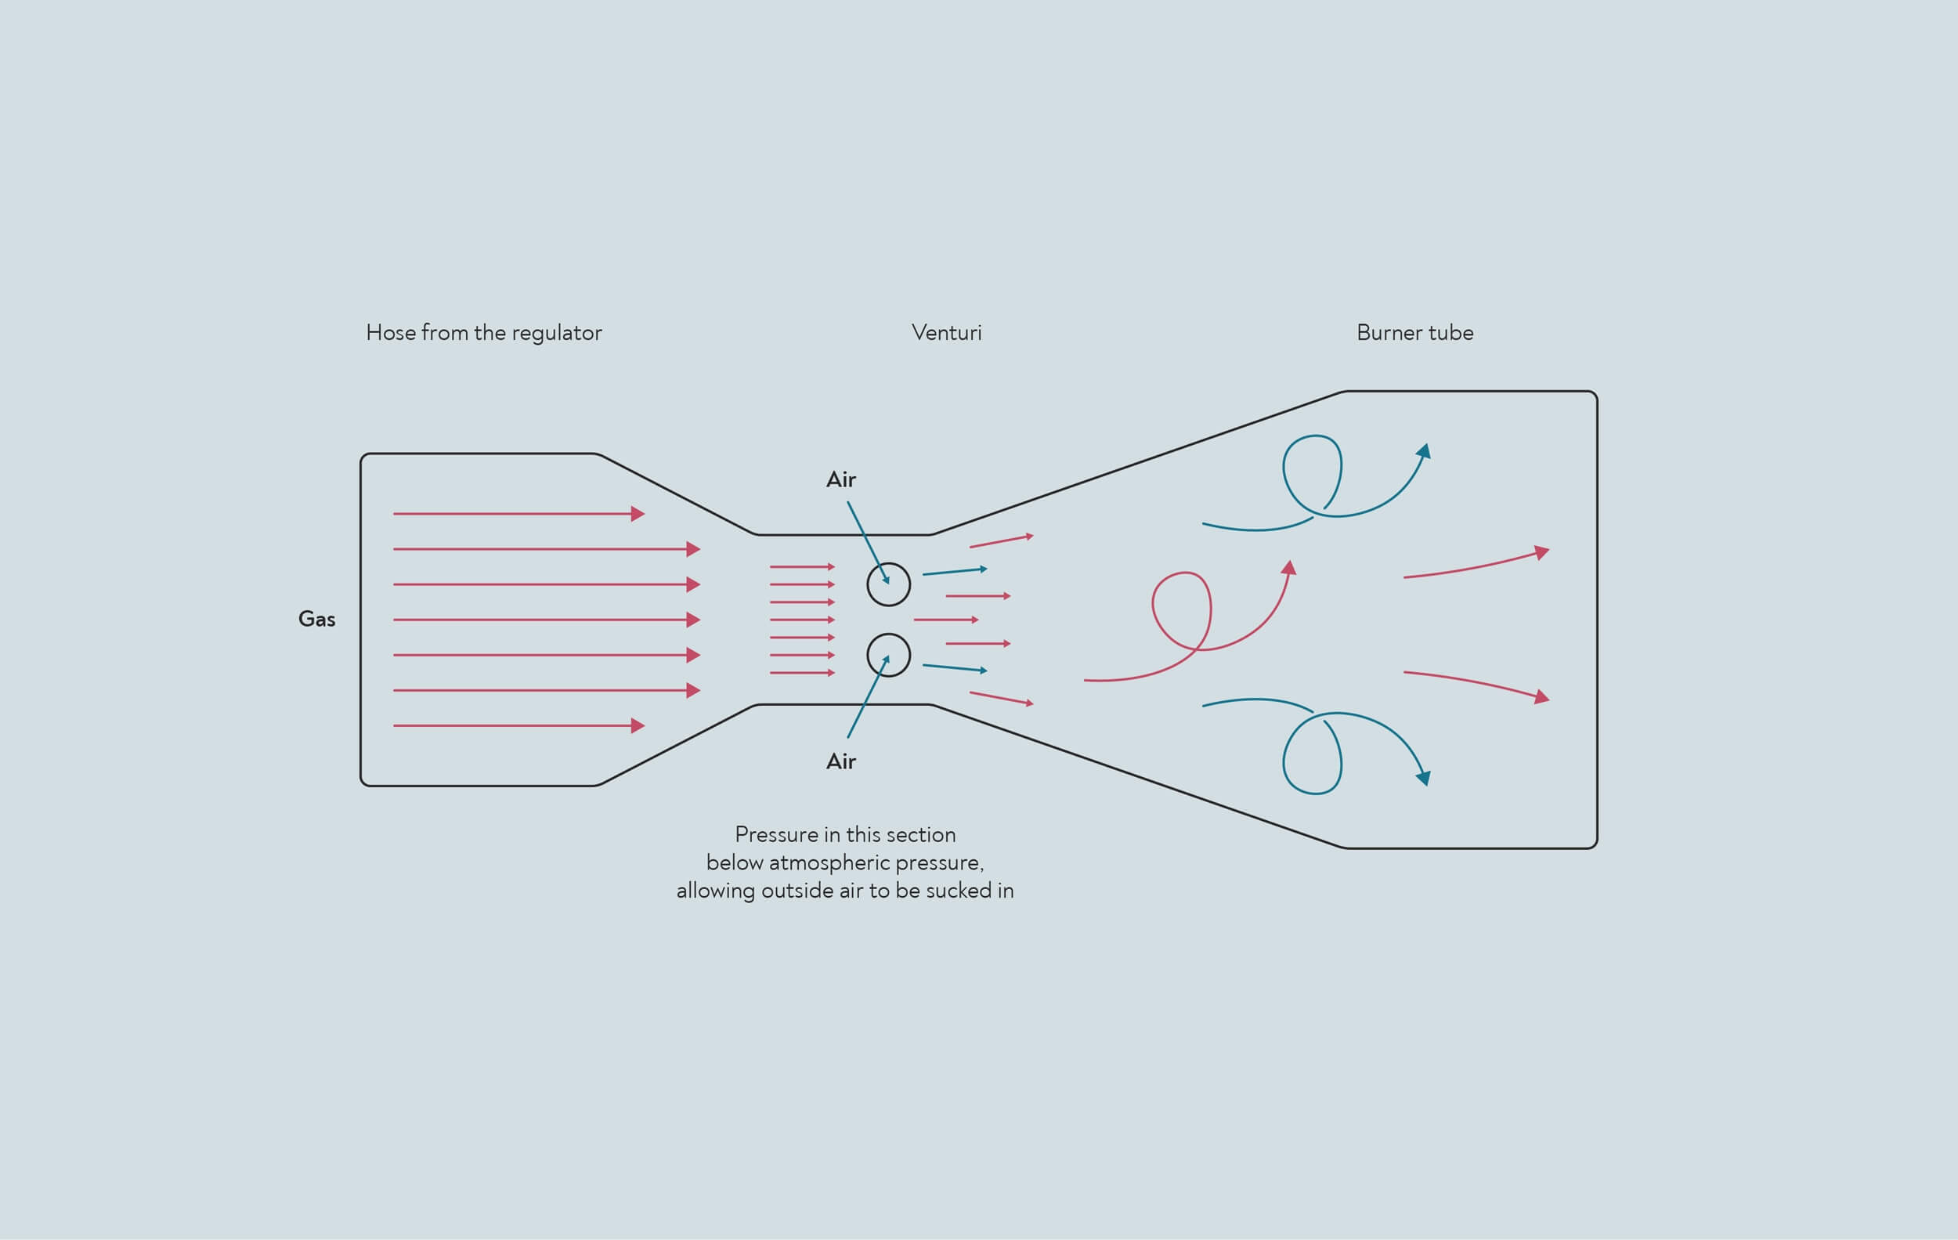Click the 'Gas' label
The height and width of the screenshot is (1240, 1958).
316,619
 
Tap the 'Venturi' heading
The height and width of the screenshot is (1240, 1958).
946,333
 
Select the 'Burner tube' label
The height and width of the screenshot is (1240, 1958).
1414,333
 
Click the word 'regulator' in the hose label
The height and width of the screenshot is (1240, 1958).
557,334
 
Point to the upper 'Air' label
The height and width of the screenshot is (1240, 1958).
841,479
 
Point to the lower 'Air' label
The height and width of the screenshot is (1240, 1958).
841,761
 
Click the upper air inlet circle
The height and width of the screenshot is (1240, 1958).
889,563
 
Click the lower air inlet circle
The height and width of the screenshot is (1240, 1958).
889,634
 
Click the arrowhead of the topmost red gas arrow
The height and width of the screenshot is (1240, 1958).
638,514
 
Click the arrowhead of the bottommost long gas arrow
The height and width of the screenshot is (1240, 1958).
638,725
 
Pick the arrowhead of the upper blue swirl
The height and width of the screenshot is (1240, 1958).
1424,451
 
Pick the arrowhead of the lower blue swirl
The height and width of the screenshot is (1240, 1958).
1424,778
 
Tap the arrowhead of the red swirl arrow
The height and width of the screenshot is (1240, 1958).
1289,568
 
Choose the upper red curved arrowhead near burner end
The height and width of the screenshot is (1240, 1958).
1541,553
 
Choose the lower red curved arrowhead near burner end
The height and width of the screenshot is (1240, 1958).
1541,697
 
